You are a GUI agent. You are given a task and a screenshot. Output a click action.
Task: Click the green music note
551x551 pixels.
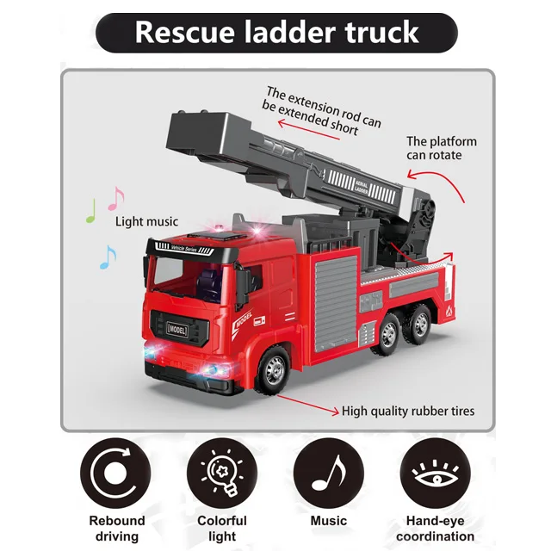(x=90, y=211)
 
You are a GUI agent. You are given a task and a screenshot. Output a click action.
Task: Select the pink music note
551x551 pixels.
(x=115, y=198)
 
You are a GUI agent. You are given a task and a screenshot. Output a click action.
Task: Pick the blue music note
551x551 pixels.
(x=107, y=256)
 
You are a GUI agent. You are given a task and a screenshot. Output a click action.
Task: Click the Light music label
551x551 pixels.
(x=147, y=222)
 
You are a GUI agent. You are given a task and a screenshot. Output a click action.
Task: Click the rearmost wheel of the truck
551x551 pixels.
(x=419, y=327)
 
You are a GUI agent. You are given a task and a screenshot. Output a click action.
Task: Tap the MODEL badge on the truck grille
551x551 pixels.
(x=175, y=329)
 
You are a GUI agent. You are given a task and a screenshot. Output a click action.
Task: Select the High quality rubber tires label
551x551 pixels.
(x=408, y=412)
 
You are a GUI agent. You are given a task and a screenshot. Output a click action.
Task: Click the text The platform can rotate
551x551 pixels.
(x=441, y=148)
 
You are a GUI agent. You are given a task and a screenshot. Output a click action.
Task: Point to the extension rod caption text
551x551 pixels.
(x=322, y=111)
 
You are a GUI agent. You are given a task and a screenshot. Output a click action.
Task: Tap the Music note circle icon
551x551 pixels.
(x=328, y=473)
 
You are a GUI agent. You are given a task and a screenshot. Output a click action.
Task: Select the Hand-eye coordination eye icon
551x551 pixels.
(x=435, y=473)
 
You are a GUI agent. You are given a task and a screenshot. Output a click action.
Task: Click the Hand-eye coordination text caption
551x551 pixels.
(x=435, y=529)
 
